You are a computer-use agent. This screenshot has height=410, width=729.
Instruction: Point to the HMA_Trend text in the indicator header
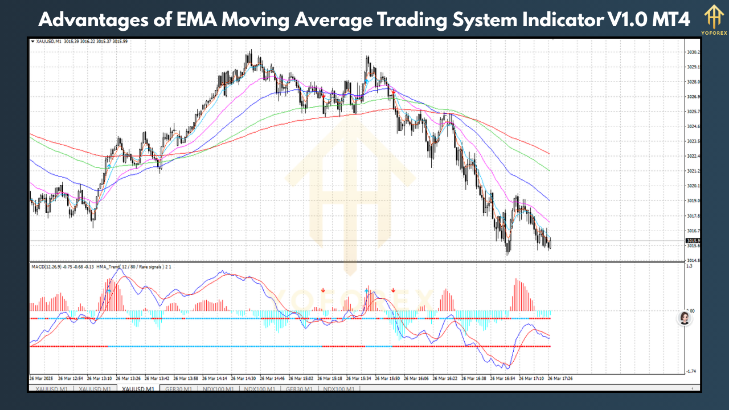tap(109, 266)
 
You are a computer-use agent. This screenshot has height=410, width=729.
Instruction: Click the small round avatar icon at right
tap(685, 318)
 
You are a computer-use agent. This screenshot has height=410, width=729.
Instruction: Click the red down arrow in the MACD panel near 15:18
tap(323, 290)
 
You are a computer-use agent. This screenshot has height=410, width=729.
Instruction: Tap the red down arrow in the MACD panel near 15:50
tap(393, 290)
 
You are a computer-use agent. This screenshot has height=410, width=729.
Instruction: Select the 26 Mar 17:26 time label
tap(560, 378)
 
